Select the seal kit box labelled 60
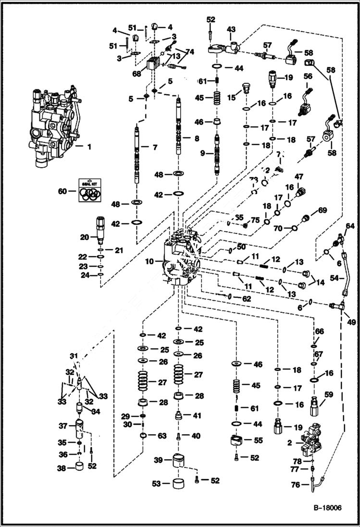point(91,190)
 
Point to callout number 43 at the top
point(231,30)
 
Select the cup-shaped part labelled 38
point(78,467)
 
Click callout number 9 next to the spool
point(202,153)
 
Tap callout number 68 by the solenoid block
point(137,74)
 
